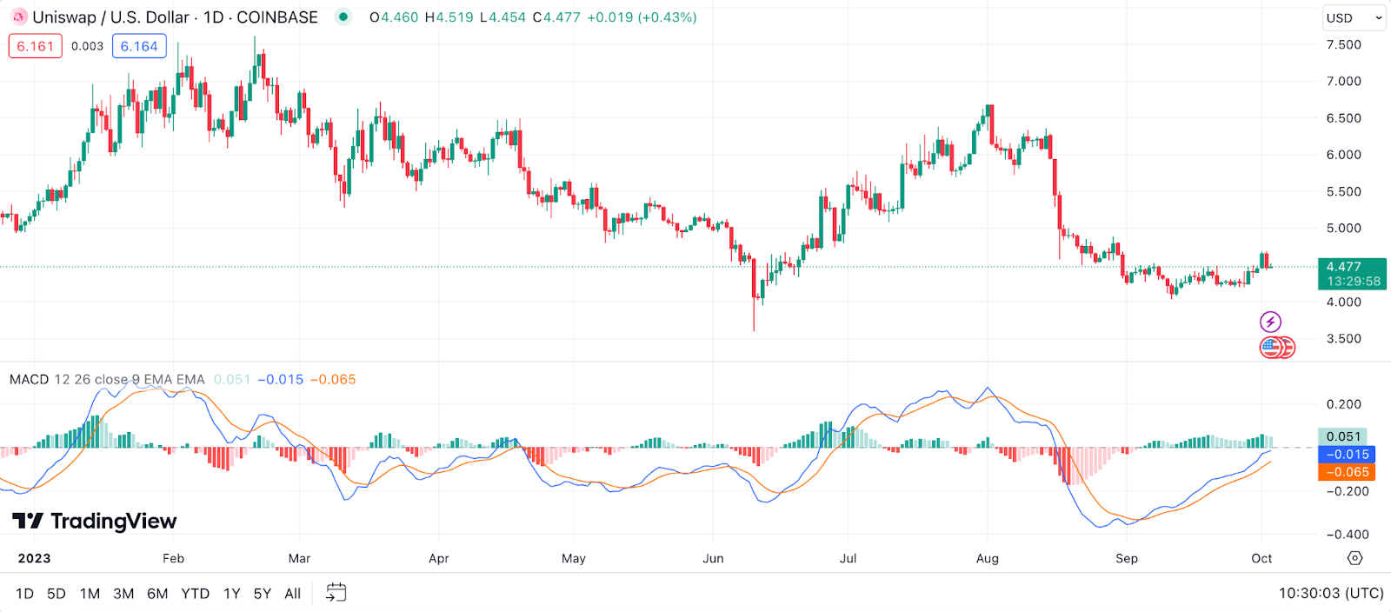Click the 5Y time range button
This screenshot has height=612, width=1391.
tap(262, 594)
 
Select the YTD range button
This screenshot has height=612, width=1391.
tap(195, 594)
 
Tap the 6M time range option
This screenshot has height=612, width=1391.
tap(157, 594)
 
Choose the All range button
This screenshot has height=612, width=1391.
tap(292, 594)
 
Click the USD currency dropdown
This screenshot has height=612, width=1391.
tap(1353, 17)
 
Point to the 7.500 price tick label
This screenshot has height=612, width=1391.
tap(1343, 44)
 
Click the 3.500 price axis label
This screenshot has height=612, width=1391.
tap(1343, 339)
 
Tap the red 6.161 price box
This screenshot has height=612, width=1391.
tap(36, 46)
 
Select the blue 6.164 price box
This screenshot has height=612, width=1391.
tap(139, 46)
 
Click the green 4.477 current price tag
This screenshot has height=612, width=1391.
tap(1351, 273)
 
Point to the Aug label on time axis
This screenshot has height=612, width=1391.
tap(987, 558)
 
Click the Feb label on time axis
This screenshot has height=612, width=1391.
tap(173, 558)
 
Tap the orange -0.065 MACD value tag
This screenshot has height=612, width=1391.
tap(1347, 472)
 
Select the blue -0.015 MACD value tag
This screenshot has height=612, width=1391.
tap(1347, 455)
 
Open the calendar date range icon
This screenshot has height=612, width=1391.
tap(336, 593)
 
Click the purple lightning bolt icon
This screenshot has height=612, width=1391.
tap(1270, 323)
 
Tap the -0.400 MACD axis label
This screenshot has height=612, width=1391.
tap(1343, 535)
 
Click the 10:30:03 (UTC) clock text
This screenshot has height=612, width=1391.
tap(1330, 594)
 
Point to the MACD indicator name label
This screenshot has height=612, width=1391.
tap(29, 380)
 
